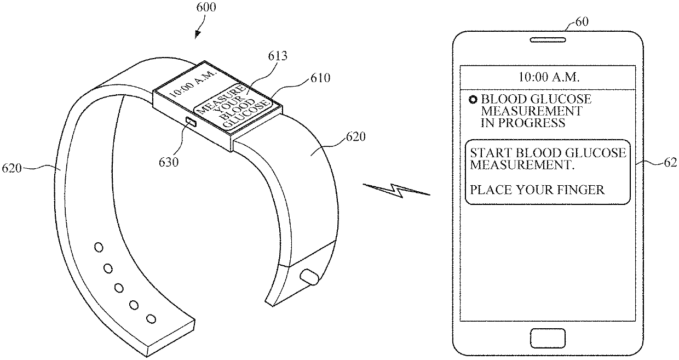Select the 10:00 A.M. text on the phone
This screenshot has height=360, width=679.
pos(549,77)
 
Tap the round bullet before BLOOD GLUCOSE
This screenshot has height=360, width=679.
pos(473,100)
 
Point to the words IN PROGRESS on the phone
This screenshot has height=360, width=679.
pos(522,123)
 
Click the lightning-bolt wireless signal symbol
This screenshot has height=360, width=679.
pos(397,190)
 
